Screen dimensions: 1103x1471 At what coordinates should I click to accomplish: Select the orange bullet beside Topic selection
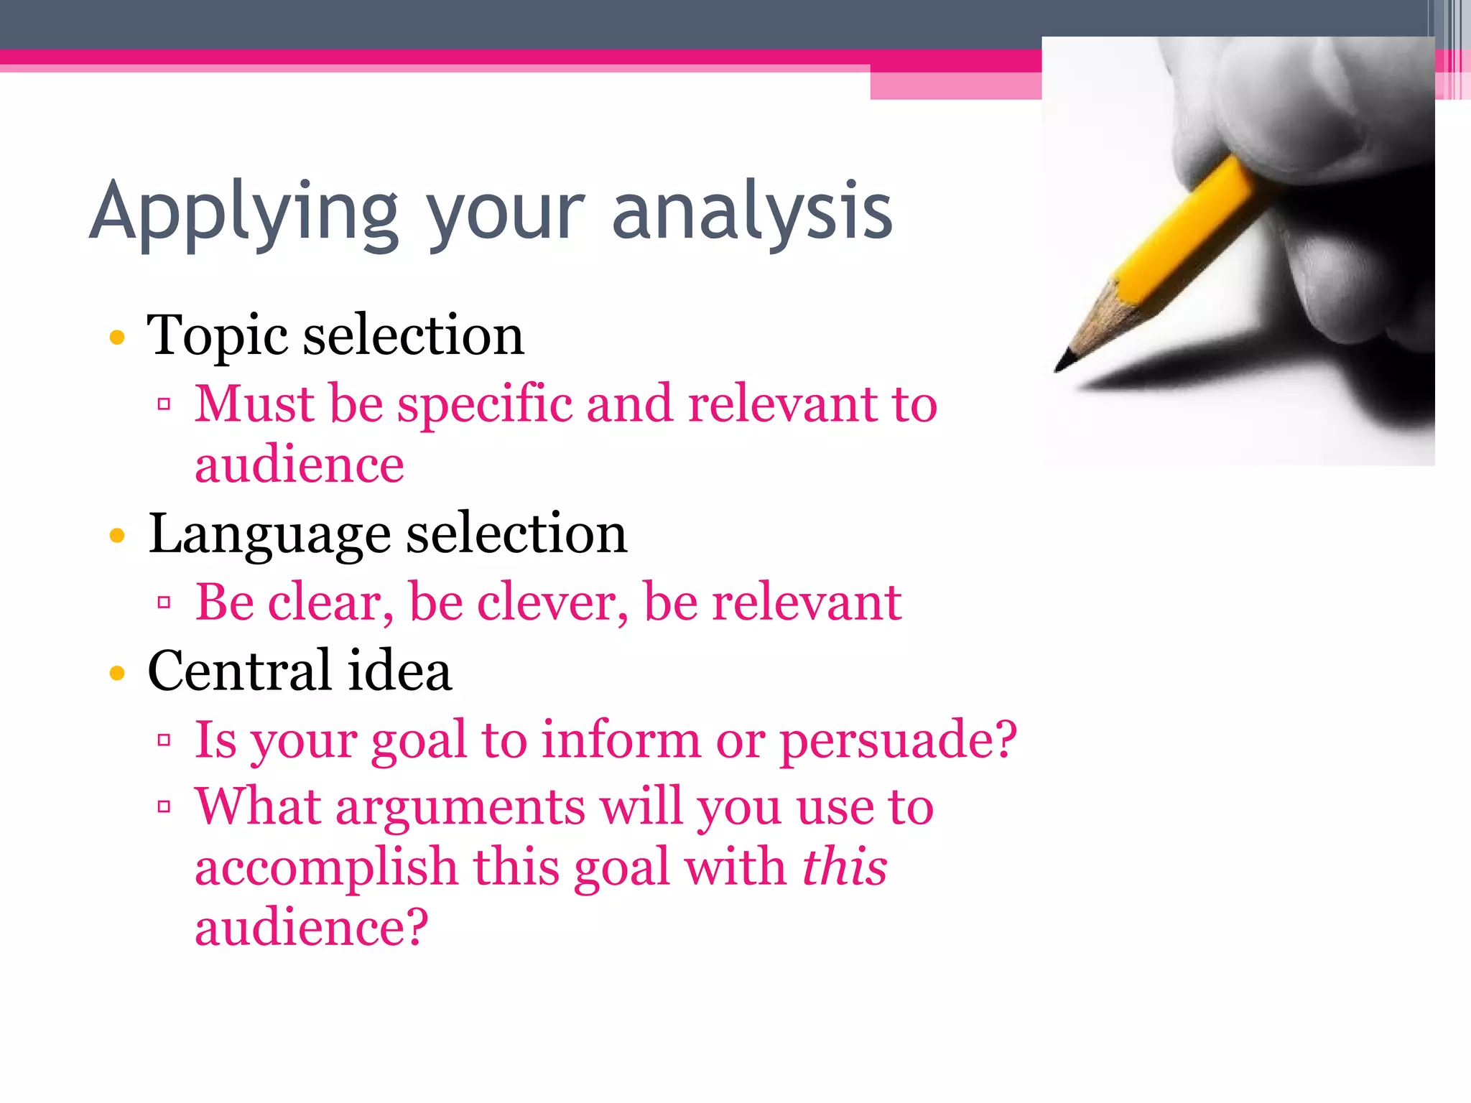pos(117,337)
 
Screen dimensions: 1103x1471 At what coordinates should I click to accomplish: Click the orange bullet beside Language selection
pos(117,535)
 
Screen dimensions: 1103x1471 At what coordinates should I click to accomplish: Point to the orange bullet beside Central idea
pos(117,673)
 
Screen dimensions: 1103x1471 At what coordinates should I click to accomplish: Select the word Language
pos(270,535)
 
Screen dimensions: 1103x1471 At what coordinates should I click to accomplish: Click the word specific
pos(485,405)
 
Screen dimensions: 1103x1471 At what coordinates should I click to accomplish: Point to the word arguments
pos(460,807)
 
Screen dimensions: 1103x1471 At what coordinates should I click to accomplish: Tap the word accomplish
pos(326,867)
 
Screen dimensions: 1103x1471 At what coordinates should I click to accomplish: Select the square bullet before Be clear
pos(164,602)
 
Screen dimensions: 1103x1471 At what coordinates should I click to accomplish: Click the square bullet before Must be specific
pos(164,404)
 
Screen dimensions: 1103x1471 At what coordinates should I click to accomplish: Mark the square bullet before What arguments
pos(164,807)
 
